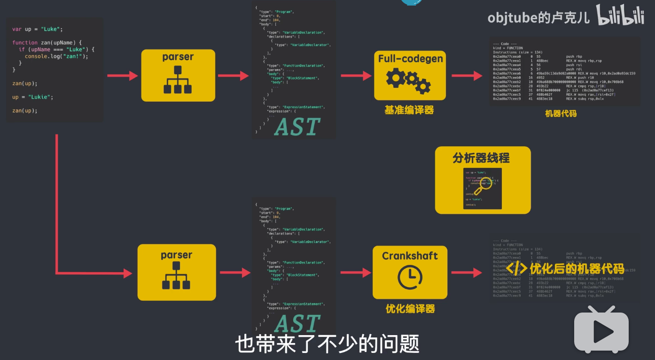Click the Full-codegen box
(x=410, y=75)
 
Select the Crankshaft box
(x=410, y=272)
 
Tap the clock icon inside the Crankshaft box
(x=410, y=277)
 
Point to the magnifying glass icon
(x=482, y=186)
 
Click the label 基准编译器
(x=409, y=110)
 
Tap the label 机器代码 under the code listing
(x=561, y=113)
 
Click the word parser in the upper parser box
(x=178, y=57)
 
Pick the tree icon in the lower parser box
(x=177, y=277)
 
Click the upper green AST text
(x=297, y=127)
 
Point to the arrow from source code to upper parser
(x=122, y=76)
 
